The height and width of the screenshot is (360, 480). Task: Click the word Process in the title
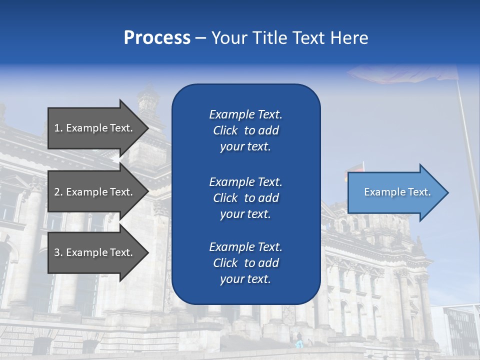pyautogui.click(x=157, y=38)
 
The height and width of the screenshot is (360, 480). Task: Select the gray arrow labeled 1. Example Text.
pyautogui.click(x=95, y=128)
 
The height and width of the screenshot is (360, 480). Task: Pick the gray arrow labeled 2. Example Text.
pyautogui.click(x=95, y=192)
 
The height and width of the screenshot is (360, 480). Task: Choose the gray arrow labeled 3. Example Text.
pyautogui.click(x=95, y=252)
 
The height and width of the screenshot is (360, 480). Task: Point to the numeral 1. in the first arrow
pyautogui.click(x=58, y=128)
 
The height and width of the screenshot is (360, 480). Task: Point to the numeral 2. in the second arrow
pyautogui.click(x=58, y=192)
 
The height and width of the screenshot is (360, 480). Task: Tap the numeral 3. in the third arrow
pyautogui.click(x=58, y=252)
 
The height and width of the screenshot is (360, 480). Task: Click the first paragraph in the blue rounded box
pyautogui.click(x=245, y=130)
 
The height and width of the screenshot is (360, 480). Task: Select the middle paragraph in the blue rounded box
pyautogui.click(x=245, y=198)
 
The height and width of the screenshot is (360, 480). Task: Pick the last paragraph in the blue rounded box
pyautogui.click(x=245, y=263)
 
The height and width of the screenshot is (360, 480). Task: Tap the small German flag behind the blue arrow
pyautogui.click(x=357, y=167)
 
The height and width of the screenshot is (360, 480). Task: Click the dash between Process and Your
pyautogui.click(x=201, y=38)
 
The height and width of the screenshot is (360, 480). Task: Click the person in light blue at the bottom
pyautogui.click(x=299, y=343)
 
